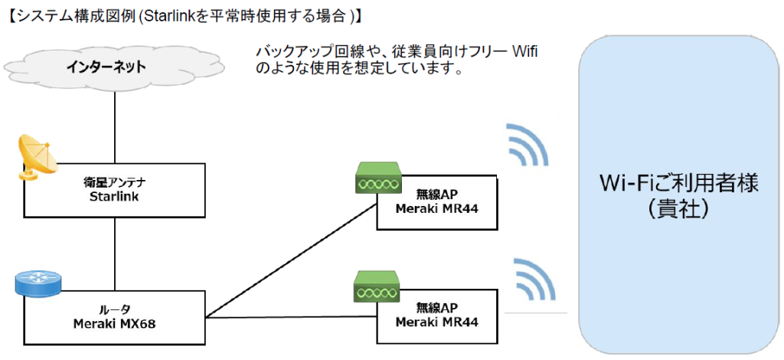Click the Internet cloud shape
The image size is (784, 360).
[115, 67]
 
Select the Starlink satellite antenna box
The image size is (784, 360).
[115, 189]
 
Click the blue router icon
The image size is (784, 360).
[37, 283]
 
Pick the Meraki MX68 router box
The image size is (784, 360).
[115, 316]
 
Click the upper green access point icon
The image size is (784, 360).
[377, 183]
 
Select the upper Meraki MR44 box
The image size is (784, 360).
[437, 202]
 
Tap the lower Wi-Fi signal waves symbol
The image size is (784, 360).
[534, 280]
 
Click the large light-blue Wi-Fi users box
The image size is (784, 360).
[679, 191]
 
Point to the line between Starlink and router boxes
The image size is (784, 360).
[115, 253]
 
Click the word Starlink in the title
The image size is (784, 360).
[181, 15]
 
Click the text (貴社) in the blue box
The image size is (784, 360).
[678, 208]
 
